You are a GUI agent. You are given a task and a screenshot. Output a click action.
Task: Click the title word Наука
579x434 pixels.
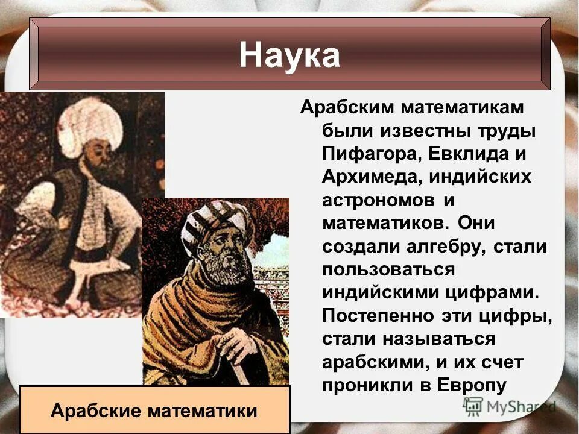tap(289, 55)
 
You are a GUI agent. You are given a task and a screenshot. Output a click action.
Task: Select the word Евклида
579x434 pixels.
tap(467, 153)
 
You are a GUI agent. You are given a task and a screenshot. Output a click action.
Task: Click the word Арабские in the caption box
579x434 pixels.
tap(95, 411)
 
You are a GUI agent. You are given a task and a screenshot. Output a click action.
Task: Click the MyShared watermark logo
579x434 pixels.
tap(509, 407)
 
